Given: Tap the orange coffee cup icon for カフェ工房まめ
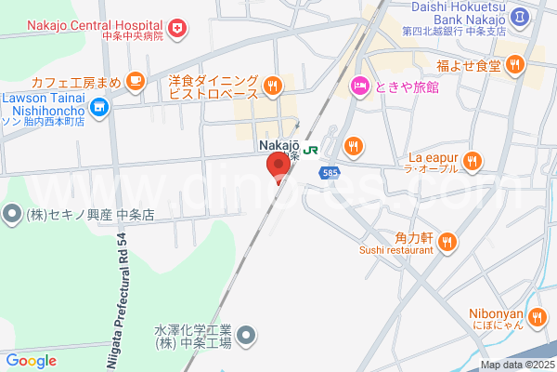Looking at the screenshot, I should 135,82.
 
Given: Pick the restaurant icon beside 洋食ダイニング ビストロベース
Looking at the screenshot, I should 272,86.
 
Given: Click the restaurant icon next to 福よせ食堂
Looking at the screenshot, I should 515,66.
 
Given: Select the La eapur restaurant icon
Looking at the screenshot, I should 473,161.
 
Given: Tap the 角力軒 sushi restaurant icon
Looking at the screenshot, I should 447,243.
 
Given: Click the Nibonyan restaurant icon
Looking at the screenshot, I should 538,319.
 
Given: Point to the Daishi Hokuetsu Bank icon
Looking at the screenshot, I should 521,15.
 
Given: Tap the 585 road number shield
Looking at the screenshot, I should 329,173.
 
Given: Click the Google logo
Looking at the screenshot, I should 31,361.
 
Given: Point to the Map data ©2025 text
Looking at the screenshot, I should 517,365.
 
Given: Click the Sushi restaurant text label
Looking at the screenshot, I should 396,250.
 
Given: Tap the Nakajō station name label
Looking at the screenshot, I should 277,146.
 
